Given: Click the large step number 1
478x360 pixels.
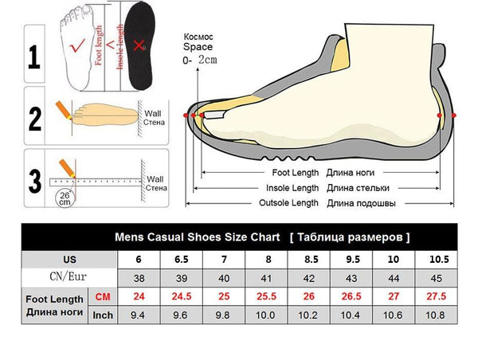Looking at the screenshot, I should (x=34, y=57).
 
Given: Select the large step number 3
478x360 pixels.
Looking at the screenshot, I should (x=34, y=180).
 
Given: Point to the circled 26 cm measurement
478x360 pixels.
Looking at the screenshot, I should (x=63, y=197).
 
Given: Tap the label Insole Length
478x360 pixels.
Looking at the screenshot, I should (x=292, y=187).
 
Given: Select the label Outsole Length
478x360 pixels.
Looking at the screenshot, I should (x=289, y=203).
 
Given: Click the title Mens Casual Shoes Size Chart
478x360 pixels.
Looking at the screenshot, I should (x=197, y=237).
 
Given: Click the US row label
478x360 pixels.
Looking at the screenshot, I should (x=69, y=260).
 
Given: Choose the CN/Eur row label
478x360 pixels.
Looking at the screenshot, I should (x=69, y=277).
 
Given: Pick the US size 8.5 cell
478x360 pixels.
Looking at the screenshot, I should (x=310, y=260).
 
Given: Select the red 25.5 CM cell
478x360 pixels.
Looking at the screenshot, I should (x=267, y=297).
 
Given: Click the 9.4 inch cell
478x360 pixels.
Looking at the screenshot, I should (x=139, y=315).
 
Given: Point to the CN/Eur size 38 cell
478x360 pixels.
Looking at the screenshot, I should (x=139, y=278).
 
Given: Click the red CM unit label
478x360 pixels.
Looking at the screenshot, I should (x=103, y=297).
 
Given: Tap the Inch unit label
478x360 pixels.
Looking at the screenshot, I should (x=103, y=315).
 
